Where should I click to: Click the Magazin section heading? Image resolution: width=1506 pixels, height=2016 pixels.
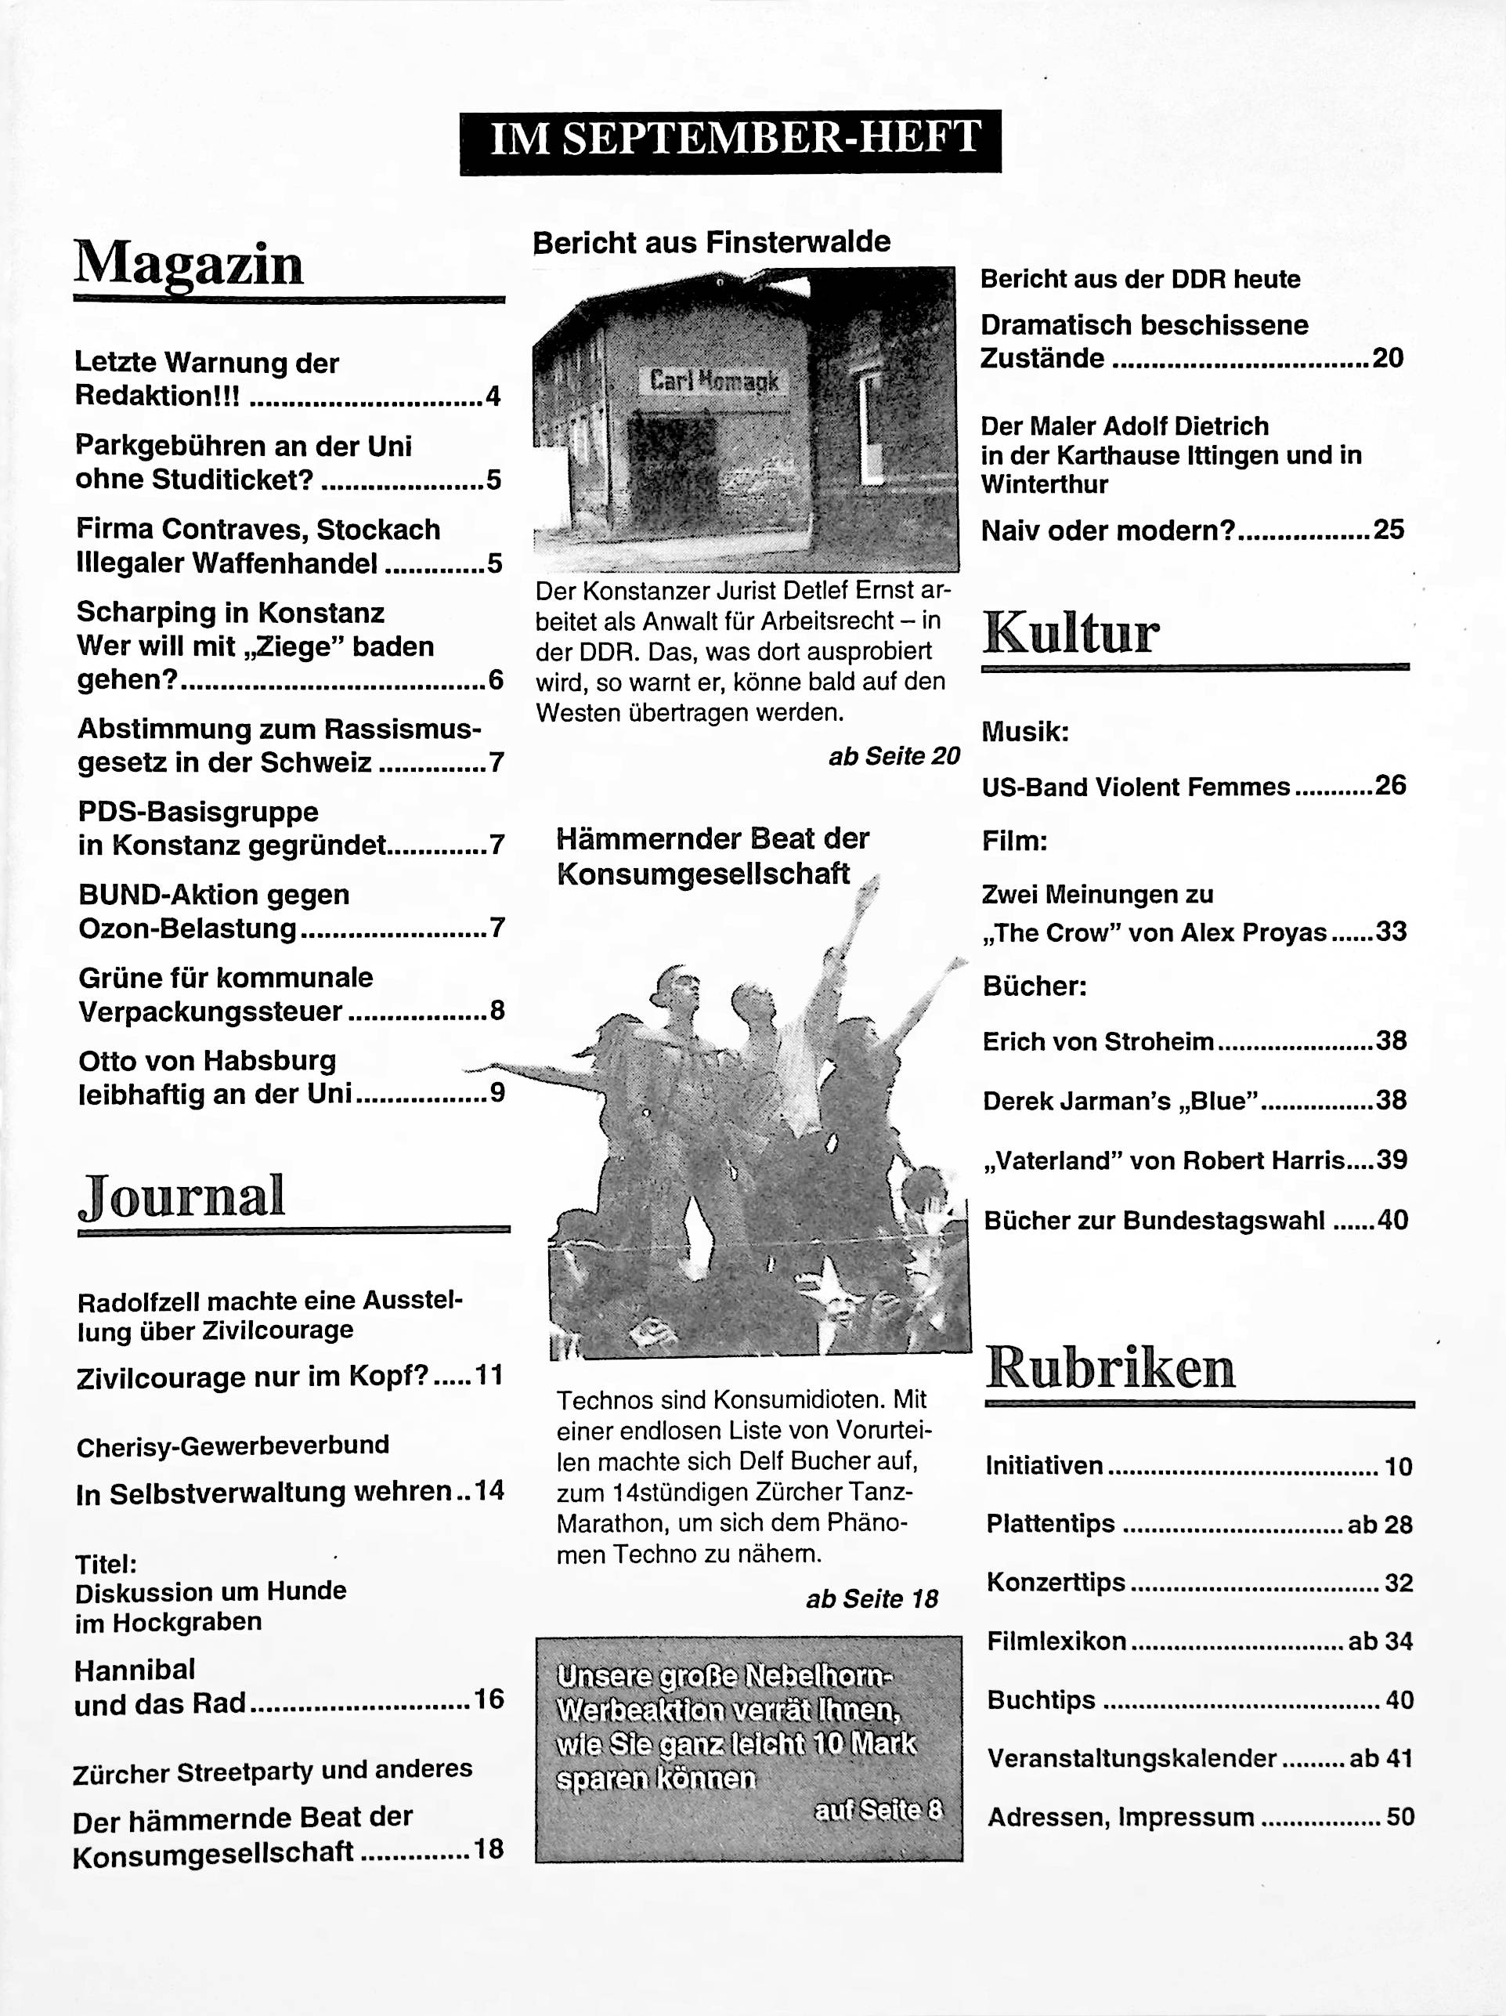(189, 264)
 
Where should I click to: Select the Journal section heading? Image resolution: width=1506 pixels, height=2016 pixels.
(182, 1196)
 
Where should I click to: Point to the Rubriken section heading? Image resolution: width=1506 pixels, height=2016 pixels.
(1110, 1367)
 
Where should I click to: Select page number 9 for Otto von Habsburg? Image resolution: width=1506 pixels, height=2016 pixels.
(497, 1093)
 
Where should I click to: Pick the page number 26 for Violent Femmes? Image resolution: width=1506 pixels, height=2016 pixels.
(1390, 786)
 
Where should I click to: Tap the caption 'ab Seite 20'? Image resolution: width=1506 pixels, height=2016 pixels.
(894, 755)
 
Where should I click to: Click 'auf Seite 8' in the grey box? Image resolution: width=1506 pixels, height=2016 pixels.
(878, 1810)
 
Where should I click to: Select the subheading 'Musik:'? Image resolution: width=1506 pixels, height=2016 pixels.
(1025, 732)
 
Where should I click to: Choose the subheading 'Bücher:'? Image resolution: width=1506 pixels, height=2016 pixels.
(1034, 986)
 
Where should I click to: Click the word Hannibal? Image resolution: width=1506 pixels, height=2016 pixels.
(135, 1670)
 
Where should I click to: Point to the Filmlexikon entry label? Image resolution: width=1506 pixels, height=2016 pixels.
(1056, 1641)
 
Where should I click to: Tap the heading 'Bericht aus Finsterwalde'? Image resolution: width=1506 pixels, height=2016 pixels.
(712, 242)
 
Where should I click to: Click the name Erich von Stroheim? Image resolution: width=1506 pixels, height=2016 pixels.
(1098, 1042)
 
